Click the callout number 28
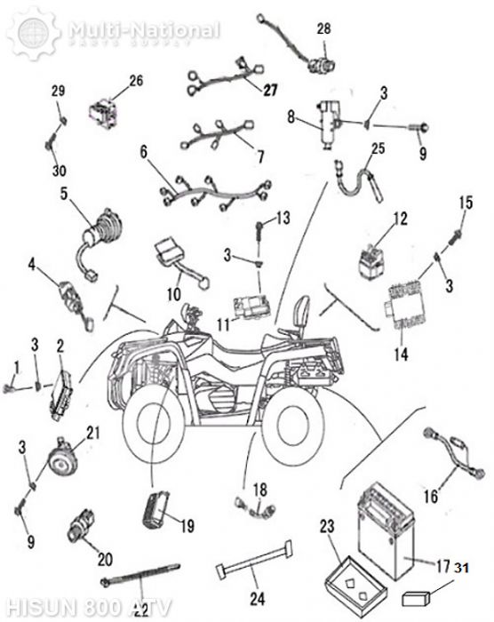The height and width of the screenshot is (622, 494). pos(323,29)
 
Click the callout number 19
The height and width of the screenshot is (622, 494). pos(187,525)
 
